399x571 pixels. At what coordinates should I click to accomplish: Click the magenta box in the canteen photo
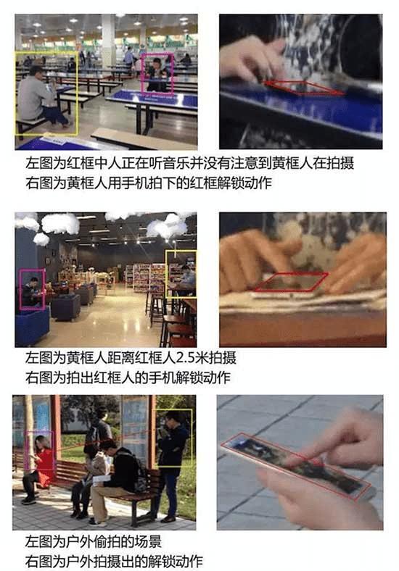click(x=142, y=73)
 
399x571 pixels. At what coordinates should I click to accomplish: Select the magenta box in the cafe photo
click(x=20, y=290)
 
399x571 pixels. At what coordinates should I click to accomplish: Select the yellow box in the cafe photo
click(x=166, y=273)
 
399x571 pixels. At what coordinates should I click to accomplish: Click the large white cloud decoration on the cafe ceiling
click(x=60, y=223)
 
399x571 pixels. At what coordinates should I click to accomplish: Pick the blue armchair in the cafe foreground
click(x=32, y=326)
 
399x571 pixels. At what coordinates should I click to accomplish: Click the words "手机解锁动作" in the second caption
click(x=189, y=378)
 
